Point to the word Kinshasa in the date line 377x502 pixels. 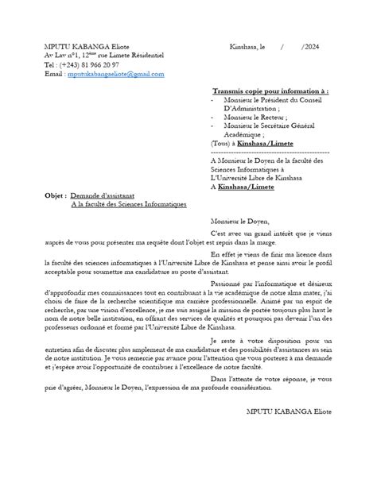coord(243,47)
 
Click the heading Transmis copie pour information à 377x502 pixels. coord(271,91)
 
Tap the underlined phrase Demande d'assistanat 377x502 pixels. coord(103,195)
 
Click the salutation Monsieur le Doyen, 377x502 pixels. coord(239,221)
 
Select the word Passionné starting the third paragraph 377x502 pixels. coord(224,283)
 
